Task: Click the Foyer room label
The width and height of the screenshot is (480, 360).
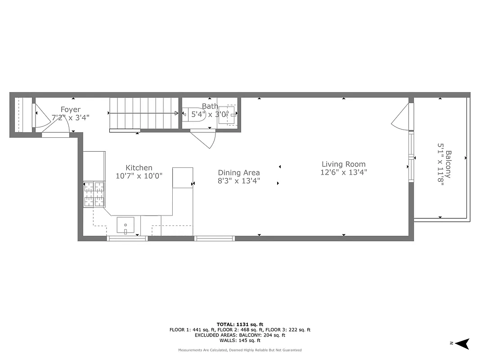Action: click(x=71, y=110)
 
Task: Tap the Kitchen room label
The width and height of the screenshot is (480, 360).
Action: click(x=139, y=168)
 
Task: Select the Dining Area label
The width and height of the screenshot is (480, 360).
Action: click(x=239, y=173)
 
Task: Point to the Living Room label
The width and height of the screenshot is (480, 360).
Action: click(x=343, y=164)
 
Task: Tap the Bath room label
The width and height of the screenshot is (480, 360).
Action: click(x=210, y=106)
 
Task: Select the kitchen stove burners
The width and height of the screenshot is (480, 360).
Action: click(x=94, y=193)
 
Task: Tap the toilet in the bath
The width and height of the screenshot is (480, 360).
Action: click(x=191, y=114)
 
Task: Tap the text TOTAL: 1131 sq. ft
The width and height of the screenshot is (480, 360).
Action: click(x=240, y=324)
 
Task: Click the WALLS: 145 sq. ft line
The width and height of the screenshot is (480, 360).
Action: click(x=240, y=341)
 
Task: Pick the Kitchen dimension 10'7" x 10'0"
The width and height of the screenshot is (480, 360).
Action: click(x=139, y=176)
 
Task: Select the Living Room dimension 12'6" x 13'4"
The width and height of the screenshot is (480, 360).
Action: click(x=343, y=172)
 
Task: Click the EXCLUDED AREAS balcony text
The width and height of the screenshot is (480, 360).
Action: click(x=240, y=335)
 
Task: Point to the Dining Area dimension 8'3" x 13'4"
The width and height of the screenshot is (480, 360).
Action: click(x=239, y=181)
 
